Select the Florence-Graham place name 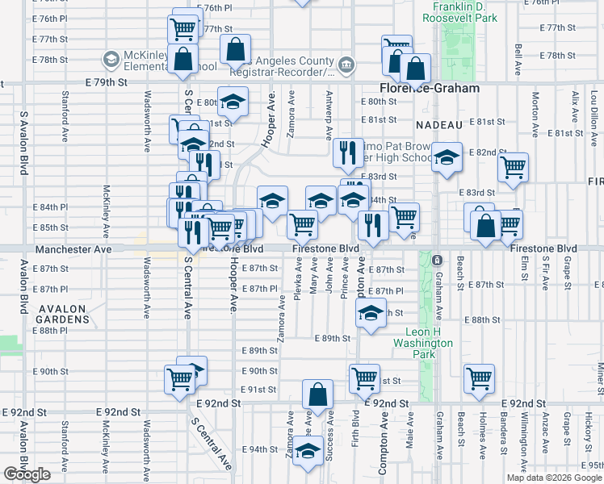click(430, 89)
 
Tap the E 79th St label click(107, 82)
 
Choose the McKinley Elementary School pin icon click(111, 59)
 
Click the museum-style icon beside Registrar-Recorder click(346, 65)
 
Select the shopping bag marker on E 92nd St click(318, 394)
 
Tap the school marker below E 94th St click(307, 453)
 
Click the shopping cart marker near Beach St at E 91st click(479, 378)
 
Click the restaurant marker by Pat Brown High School click(347, 152)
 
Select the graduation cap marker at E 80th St click(233, 102)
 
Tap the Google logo click(27, 474)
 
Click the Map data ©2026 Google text click(553, 478)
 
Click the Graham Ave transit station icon click(436, 261)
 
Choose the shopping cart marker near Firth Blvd click(364, 377)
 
